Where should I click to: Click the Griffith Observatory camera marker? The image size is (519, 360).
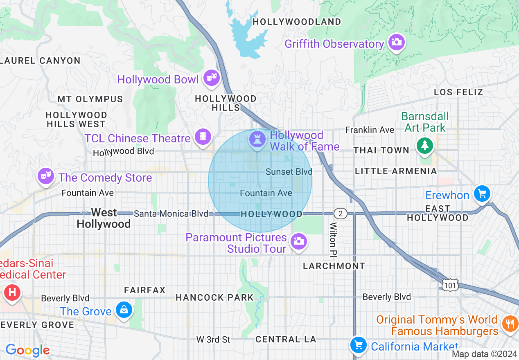396,42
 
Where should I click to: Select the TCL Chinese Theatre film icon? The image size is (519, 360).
203,137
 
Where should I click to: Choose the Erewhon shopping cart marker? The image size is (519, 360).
482,193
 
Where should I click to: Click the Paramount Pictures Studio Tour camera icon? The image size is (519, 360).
299,241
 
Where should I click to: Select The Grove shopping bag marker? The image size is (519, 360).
124,310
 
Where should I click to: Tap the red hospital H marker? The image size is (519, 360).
12,293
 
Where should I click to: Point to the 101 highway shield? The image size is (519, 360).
450,285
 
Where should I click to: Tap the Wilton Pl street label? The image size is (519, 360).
334,240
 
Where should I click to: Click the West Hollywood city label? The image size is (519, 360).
104,218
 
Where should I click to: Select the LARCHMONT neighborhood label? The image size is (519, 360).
334,266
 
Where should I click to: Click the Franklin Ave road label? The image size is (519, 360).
370,130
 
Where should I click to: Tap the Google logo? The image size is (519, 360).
27,350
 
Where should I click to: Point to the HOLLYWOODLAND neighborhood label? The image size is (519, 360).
297,22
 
